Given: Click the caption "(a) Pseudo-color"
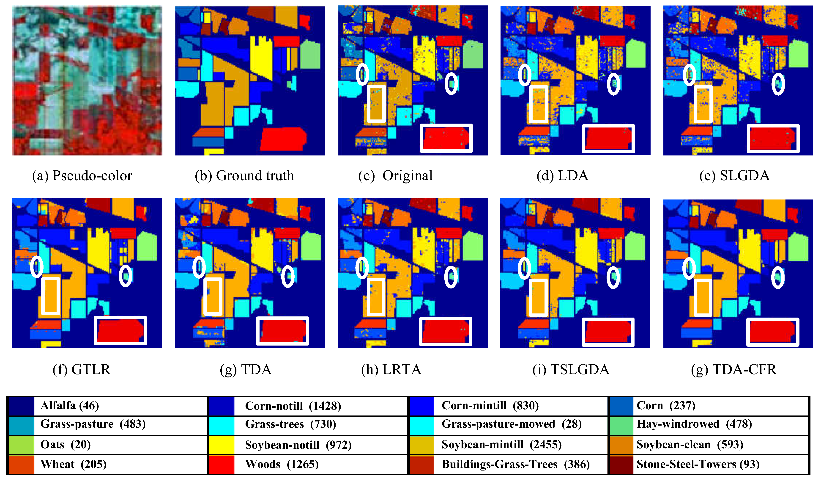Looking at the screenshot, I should click(x=82, y=176).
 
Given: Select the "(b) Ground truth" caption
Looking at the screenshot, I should click(x=244, y=176).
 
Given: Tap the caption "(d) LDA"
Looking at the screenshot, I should click(x=562, y=176).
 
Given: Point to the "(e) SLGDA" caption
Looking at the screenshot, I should click(x=734, y=176).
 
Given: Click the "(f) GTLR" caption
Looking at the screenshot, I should click(x=82, y=369).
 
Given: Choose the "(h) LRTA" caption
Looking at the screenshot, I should click(x=391, y=369).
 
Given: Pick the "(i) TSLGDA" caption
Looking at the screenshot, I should click(x=571, y=369).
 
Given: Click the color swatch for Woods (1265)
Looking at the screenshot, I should click(x=221, y=464).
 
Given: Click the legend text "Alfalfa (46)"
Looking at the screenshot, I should click(x=70, y=406).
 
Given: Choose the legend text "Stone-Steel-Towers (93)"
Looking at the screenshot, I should click(x=698, y=464).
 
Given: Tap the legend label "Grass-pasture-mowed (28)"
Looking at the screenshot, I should click(x=512, y=424).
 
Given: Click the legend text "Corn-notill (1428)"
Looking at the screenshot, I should click(x=293, y=406).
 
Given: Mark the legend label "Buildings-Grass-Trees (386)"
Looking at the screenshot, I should click(x=515, y=464).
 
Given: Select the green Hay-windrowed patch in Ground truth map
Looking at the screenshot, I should click(x=310, y=55).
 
